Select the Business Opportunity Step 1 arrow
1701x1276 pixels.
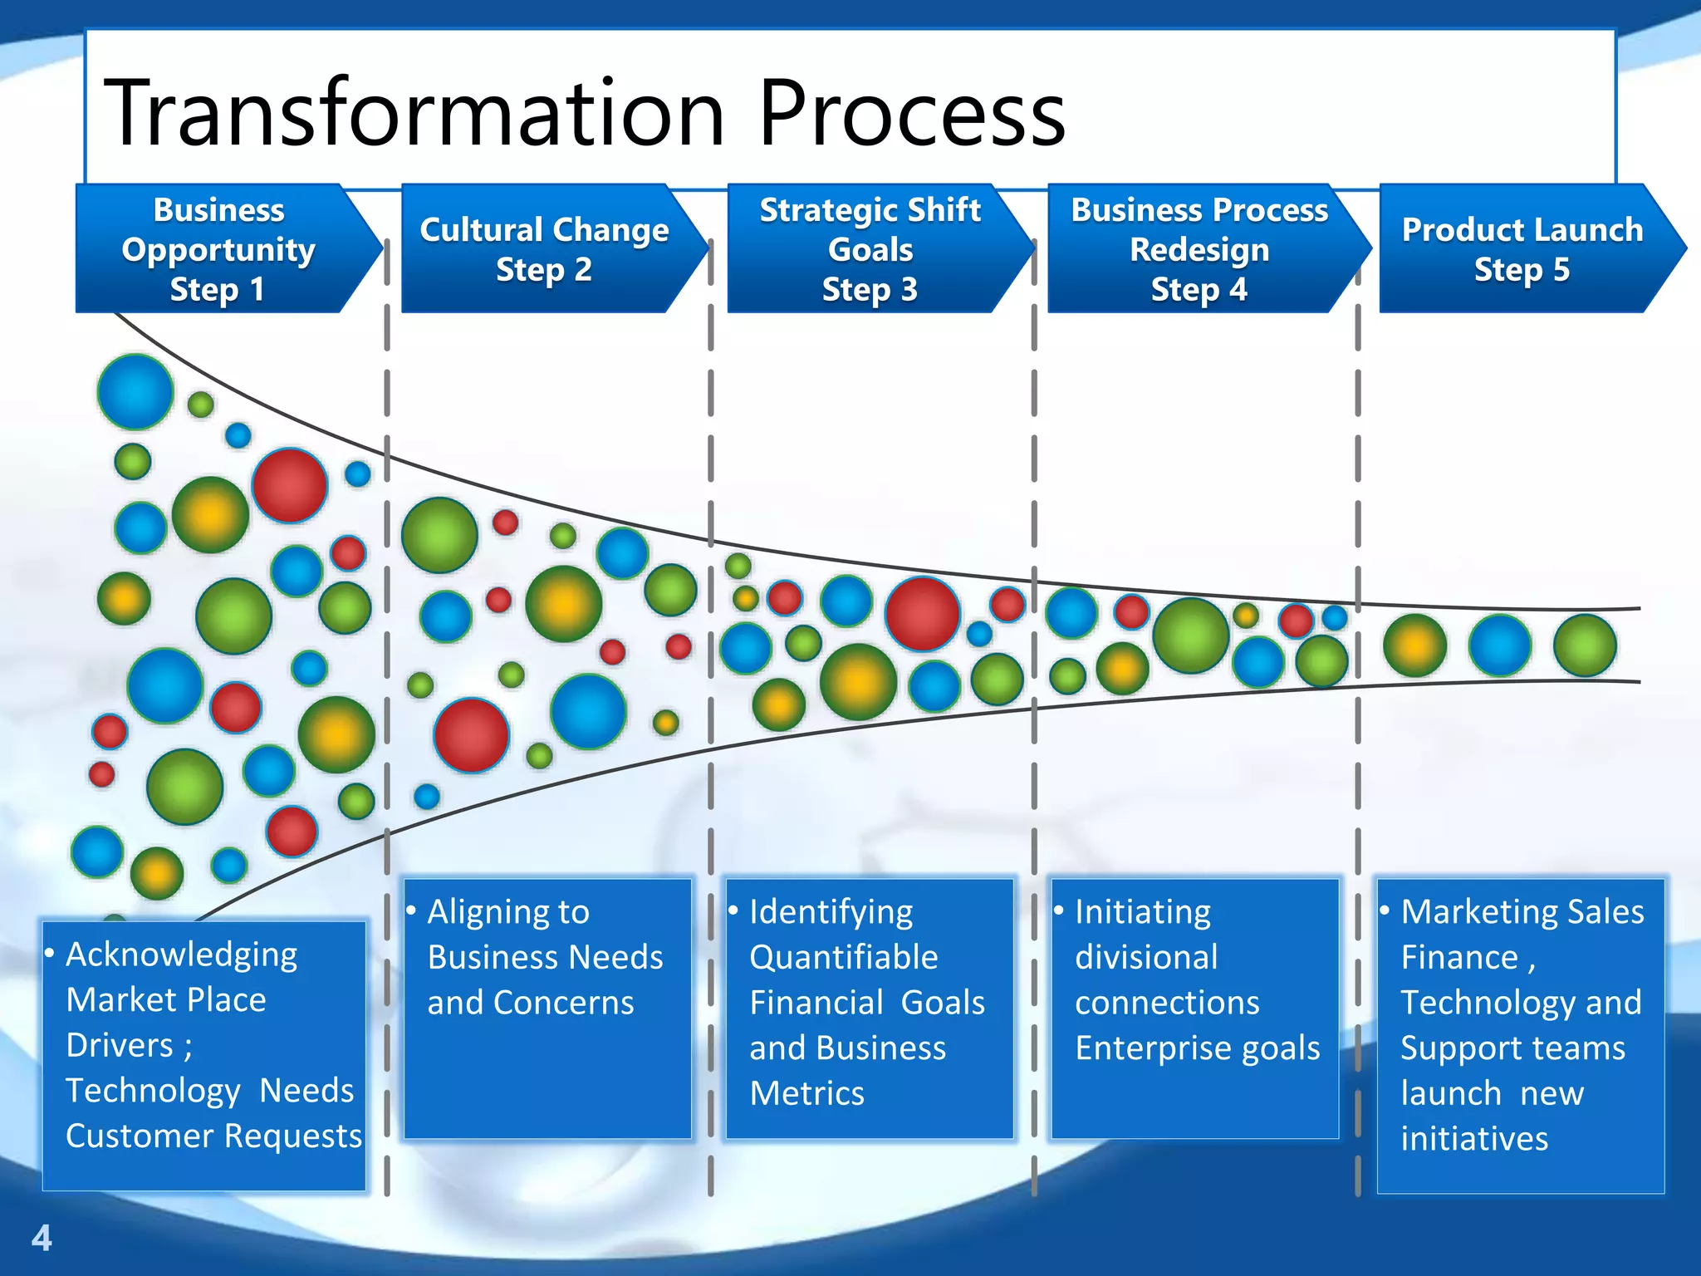(218, 248)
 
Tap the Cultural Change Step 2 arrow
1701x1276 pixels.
(544, 248)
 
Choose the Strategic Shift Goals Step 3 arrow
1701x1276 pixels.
(870, 248)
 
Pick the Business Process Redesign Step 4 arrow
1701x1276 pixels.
(1199, 248)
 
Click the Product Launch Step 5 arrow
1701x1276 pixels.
(1522, 248)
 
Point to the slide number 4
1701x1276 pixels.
(42, 1238)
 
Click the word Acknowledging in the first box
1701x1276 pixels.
(181, 955)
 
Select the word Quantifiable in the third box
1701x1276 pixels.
(843, 957)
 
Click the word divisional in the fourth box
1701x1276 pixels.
(1145, 957)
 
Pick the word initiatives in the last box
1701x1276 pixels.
(1473, 1138)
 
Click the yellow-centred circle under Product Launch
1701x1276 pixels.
(1414, 645)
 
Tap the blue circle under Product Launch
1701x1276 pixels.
(1500, 645)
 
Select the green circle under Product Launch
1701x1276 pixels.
(1585, 645)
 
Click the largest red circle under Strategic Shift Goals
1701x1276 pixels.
(922, 614)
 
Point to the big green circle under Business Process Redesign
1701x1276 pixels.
(1190, 636)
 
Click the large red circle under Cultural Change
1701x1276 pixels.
(471, 735)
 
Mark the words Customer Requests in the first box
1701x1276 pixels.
(213, 1136)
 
